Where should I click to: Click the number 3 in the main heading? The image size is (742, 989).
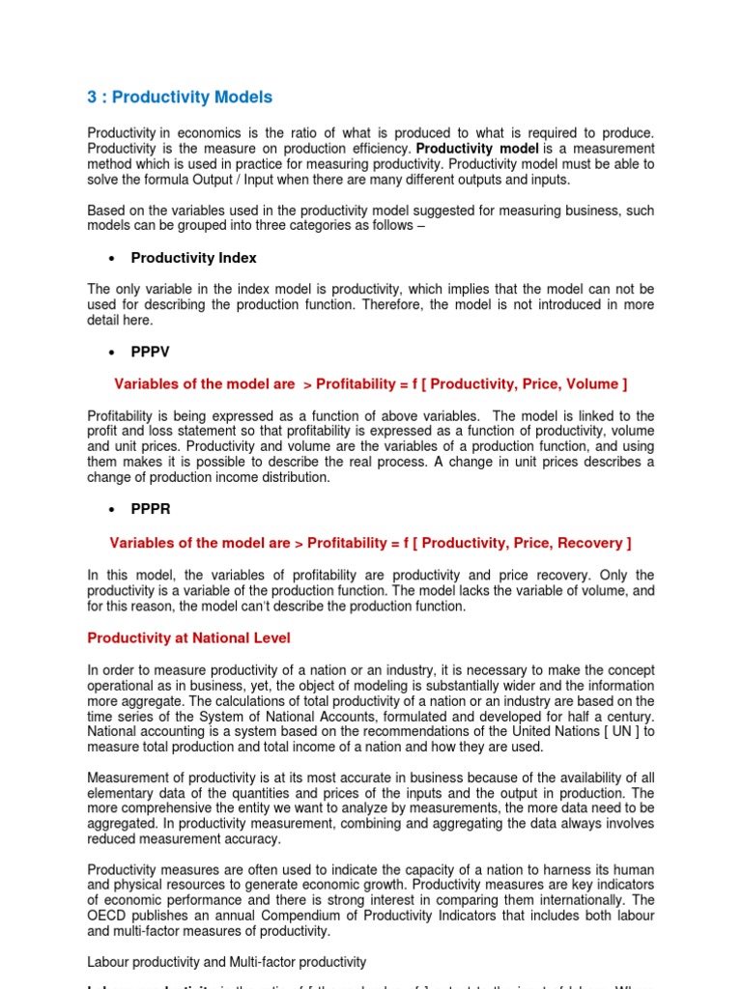pos(93,98)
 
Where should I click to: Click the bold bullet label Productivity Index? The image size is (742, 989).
pos(193,258)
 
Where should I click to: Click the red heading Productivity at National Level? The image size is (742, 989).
pos(188,638)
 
